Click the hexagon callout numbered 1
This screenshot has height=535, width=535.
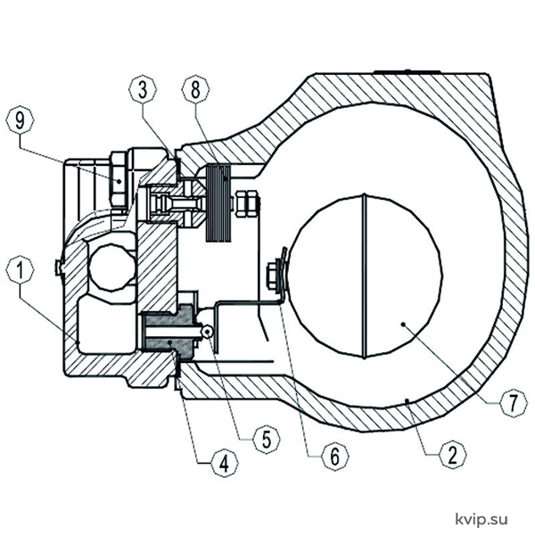click(21, 270)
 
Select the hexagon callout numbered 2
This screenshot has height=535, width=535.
click(452, 454)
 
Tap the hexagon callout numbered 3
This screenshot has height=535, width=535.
click(143, 89)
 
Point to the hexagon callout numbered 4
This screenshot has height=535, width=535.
click(224, 464)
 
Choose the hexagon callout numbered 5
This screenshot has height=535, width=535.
click(267, 439)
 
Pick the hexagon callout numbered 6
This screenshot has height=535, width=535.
click(335, 455)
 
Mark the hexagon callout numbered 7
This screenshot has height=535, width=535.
click(514, 403)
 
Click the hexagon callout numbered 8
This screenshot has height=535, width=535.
click(195, 89)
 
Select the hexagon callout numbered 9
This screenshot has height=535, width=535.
click(21, 120)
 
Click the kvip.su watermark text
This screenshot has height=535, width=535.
click(481, 519)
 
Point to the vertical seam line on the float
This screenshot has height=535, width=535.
click(365, 276)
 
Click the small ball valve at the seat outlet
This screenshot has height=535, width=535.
click(207, 332)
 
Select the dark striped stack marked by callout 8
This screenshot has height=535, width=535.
click(218, 203)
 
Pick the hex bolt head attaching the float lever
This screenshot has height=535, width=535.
click(272, 276)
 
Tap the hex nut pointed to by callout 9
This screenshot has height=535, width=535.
click(118, 181)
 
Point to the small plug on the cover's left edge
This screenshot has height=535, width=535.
click(59, 267)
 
